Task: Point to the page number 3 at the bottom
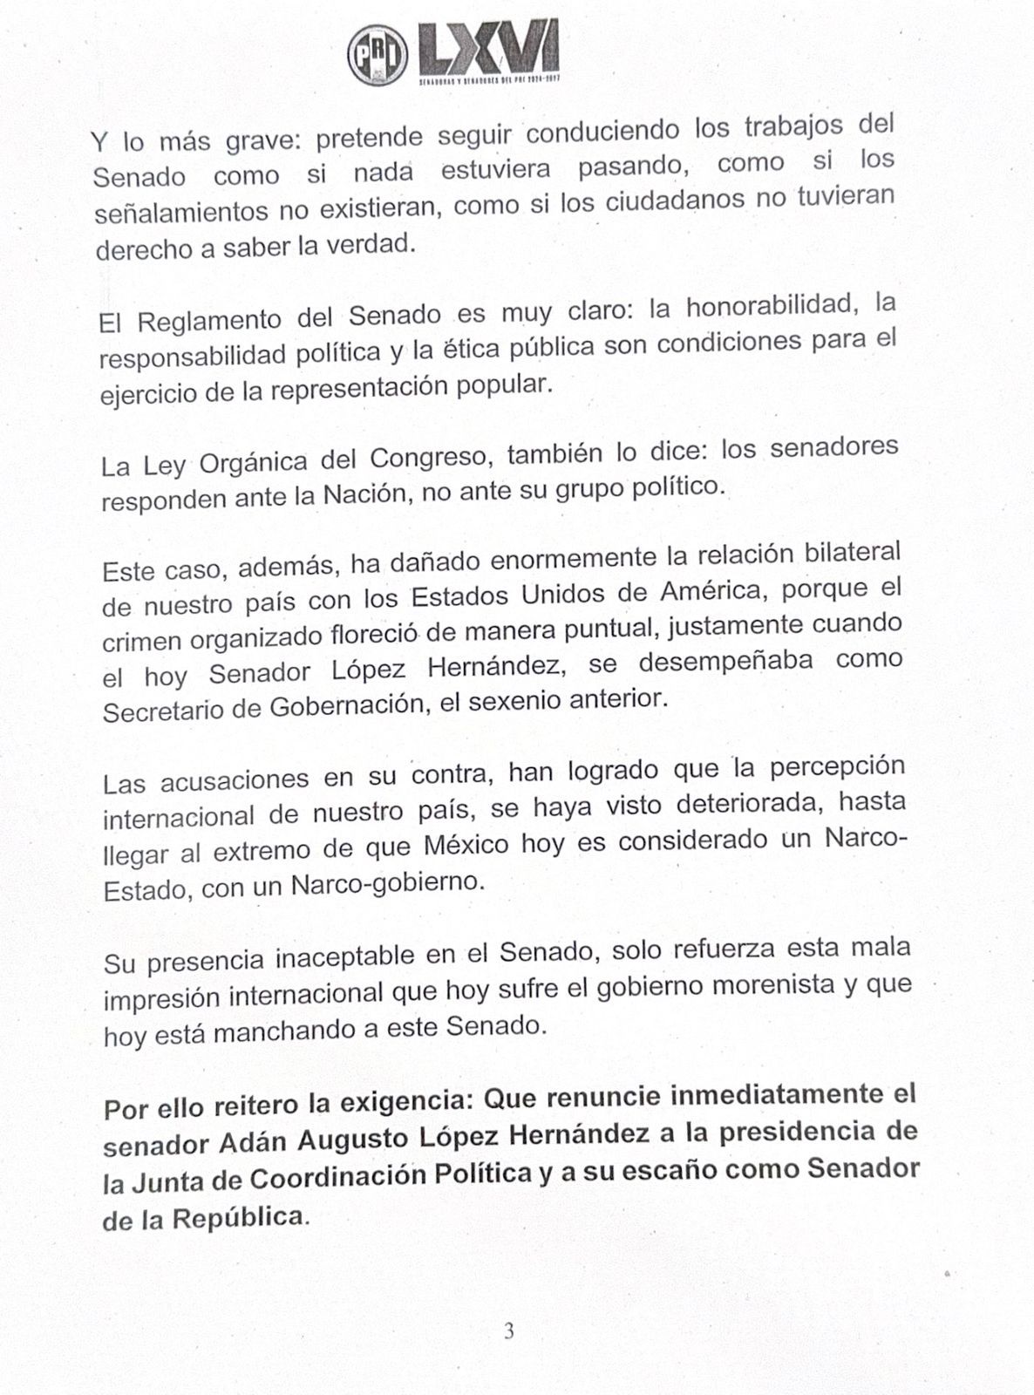pyautogui.click(x=509, y=1331)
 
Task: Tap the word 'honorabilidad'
pyautogui.click(x=767, y=305)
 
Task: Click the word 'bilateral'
pyautogui.click(x=843, y=553)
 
